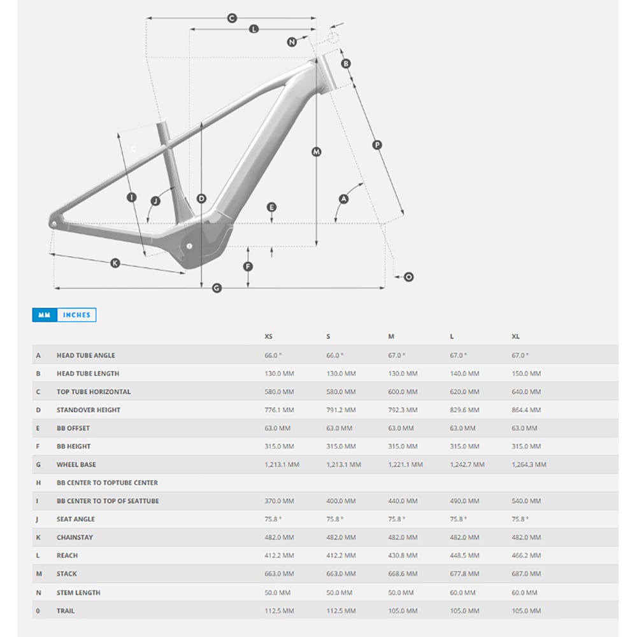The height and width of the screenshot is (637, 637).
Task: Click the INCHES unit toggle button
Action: (x=77, y=315)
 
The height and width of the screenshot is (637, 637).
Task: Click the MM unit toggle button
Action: (x=45, y=315)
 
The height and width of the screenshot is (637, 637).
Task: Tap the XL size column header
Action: (x=515, y=336)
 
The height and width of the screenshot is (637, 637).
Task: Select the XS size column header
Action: (x=269, y=336)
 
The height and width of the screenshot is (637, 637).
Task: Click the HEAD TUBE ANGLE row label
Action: (x=86, y=355)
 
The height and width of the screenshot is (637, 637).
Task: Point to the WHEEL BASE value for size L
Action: (x=467, y=464)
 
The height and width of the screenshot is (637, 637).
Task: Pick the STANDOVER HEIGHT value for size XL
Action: (x=526, y=410)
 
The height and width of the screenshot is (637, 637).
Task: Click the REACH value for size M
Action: (x=403, y=555)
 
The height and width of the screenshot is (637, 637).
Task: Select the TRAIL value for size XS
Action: (x=279, y=611)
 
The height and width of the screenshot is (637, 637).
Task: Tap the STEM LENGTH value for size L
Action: (x=462, y=592)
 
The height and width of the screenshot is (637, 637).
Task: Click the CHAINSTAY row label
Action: (x=75, y=537)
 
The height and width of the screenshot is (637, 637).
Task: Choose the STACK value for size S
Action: (x=341, y=574)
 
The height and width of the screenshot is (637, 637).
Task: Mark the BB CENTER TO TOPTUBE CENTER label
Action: (x=107, y=483)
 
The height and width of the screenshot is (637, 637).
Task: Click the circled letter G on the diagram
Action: (x=217, y=288)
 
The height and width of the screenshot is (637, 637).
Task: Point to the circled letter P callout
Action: (x=377, y=145)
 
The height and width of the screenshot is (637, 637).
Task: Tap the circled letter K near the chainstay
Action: (x=115, y=263)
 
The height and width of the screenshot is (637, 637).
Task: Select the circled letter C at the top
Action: (x=232, y=18)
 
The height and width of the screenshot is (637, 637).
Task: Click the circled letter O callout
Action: (x=409, y=277)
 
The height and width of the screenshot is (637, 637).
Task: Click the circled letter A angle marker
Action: (x=344, y=199)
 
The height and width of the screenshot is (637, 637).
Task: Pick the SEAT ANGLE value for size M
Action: (x=396, y=519)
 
